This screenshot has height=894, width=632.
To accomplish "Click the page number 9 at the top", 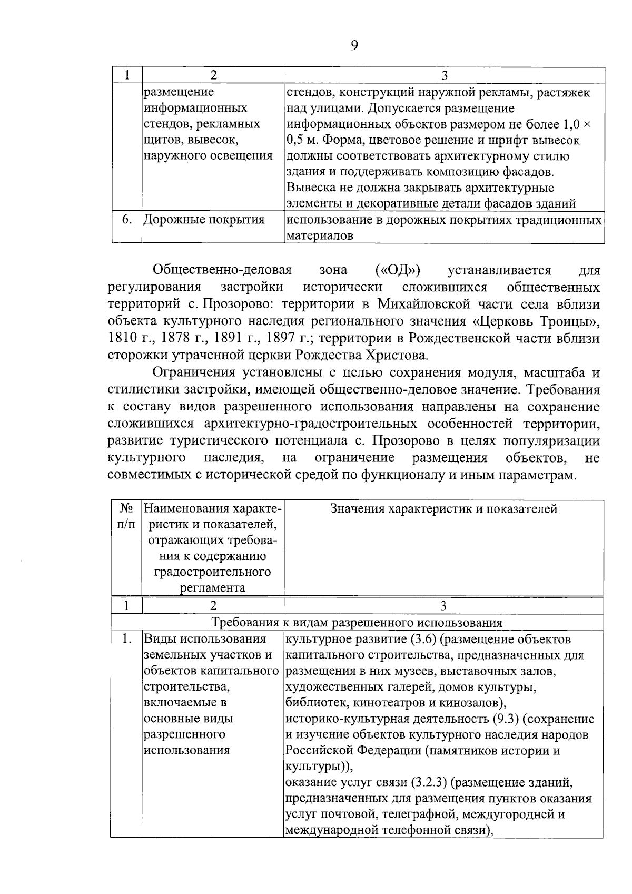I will (x=354, y=46).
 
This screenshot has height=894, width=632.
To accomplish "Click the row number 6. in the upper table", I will (x=126, y=220).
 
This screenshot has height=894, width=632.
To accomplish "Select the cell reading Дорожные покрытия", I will (x=204, y=220).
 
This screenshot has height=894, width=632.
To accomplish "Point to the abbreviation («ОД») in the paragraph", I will (x=398, y=271).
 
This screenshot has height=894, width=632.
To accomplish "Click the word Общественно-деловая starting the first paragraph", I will (x=222, y=271).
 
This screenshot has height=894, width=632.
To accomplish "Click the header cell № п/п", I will (x=126, y=516).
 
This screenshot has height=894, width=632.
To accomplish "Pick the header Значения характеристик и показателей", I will (x=443, y=509).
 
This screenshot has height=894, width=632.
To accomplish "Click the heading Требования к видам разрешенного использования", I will (x=357, y=622).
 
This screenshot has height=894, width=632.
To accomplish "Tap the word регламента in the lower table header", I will (x=213, y=588).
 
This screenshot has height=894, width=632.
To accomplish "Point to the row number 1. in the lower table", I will (x=126, y=640).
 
